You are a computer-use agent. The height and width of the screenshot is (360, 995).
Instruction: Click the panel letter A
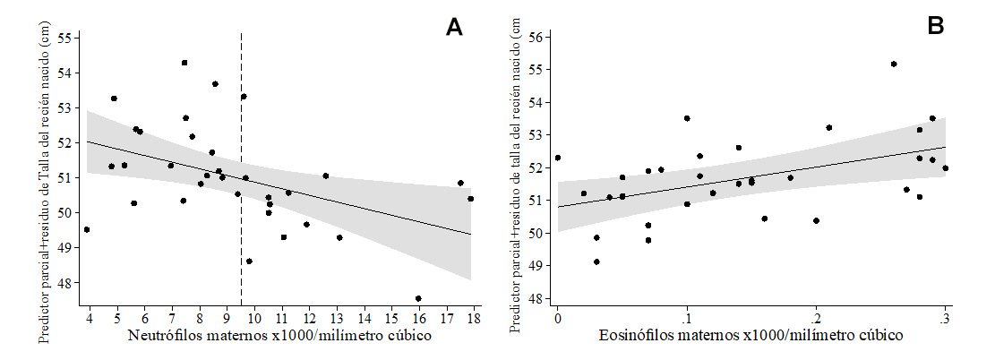(455, 27)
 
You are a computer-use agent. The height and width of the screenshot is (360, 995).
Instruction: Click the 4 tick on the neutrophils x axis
(88, 319)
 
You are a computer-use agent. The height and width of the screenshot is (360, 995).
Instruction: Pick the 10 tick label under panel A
(253, 319)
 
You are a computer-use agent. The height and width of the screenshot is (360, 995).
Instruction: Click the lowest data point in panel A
(418, 298)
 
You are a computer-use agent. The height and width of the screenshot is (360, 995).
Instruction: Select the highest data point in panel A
(184, 63)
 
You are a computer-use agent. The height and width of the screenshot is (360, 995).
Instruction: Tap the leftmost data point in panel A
(87, 229)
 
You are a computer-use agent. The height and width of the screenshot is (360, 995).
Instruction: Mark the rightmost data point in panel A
(471, 199)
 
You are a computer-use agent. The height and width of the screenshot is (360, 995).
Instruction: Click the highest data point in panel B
(894, 64)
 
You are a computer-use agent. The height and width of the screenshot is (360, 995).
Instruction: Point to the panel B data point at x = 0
(558, 158)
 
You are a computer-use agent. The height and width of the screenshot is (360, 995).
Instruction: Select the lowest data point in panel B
(596, 261)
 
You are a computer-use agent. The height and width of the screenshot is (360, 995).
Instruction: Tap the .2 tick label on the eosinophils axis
(815, 319)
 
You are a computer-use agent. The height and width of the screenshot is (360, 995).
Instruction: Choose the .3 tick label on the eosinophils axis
(944, 319)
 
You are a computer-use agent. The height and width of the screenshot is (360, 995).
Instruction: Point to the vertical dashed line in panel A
(242, 134)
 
